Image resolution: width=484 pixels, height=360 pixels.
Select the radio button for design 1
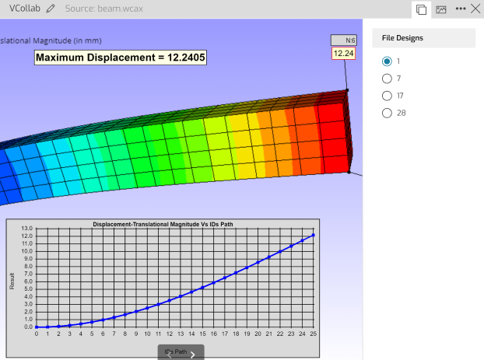pyautogui.click(x=387, y=61)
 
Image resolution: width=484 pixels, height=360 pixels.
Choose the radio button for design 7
pyautogui.click(x=387, y=79)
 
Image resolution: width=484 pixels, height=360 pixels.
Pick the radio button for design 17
pyautogui.click(x=387, y=96)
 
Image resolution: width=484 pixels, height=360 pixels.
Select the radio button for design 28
pyautogui.click(x=387, y=113)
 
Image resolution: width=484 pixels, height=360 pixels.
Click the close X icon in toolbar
pyautogui.click(x=475, y=9)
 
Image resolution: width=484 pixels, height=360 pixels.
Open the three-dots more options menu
pyautogui.click(x=461, y=9)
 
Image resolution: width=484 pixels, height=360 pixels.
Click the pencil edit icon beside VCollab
pyautogui.click(x=51, y=9)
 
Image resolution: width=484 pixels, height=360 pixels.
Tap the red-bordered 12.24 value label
pyautogui.click(x=344, y=54)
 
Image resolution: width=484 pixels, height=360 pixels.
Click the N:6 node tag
pyautogui.click(x=344, y=40)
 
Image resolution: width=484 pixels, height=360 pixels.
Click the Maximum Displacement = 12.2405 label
pyautogui.click(x=121, y=58)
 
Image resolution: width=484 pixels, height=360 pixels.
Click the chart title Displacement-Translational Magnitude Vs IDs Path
pyautogui.click(x=163, y=224)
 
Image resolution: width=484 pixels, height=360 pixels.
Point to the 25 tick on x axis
pyautogui.click(x=314, y=334)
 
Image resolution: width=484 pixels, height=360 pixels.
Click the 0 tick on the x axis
pyautogui.click(x=36, y=334)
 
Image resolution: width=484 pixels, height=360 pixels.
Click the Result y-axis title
pyautogui.click(x=12, y=281)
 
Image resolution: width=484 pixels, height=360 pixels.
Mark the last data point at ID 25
pyautogui.click(x=314, y=235)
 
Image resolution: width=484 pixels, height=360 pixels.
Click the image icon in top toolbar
pyautogui.click(x=440, y=9)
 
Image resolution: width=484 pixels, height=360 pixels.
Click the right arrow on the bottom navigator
pyautogui.click(x=192, y=355)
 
